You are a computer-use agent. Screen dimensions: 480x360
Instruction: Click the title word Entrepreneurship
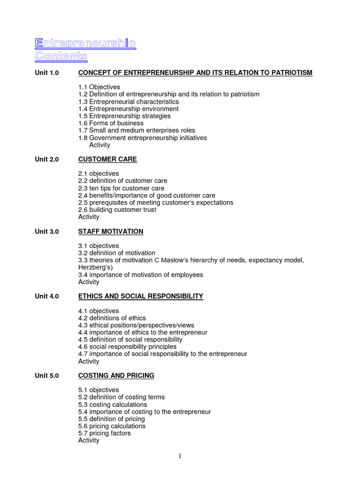pos(85,44)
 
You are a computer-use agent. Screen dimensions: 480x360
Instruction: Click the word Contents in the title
pos(61,56)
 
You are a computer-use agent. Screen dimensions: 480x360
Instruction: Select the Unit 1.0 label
pos(47,73)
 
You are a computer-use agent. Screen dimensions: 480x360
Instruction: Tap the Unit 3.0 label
pos(47,232)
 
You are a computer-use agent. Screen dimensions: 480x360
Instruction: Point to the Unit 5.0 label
pos(47,375)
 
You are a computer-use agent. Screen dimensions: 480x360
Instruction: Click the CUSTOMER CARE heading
pos(107,159)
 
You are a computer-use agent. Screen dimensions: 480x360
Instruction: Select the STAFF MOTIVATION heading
pos(111,232)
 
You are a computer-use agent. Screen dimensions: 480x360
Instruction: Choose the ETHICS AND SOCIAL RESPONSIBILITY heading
pos(141,296)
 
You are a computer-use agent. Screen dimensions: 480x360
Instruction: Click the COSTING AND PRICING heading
pos(116,375)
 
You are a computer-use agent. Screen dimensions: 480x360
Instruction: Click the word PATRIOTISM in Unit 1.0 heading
pos(289,73)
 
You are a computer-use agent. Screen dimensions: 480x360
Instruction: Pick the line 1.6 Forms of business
pos(111,123)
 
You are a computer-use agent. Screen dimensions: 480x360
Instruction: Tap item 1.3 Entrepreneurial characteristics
pos(128,102)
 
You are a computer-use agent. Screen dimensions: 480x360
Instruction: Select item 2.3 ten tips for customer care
pos(121,188)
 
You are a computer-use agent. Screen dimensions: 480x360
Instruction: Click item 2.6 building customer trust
pos(117,210)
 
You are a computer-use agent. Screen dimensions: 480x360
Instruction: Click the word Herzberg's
pos(95,267)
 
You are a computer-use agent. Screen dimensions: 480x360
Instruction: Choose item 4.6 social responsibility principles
pos(127,347)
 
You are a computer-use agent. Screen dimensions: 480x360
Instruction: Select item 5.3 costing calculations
pos(112,405)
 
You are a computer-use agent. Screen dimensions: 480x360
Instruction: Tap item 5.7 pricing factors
pos(105,433)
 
